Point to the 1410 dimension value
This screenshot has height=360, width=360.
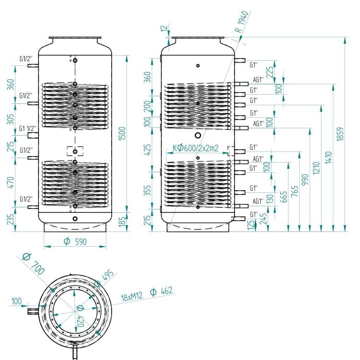[x=329, y=157]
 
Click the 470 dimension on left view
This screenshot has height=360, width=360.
[x=10, y=181]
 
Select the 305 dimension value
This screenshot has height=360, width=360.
[x=10, y=119]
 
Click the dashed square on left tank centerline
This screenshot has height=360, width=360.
[x=75, y=151]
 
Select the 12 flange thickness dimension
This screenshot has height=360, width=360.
[x=165, y=30]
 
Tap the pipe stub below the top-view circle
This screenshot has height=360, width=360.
[x=75, y=352]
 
